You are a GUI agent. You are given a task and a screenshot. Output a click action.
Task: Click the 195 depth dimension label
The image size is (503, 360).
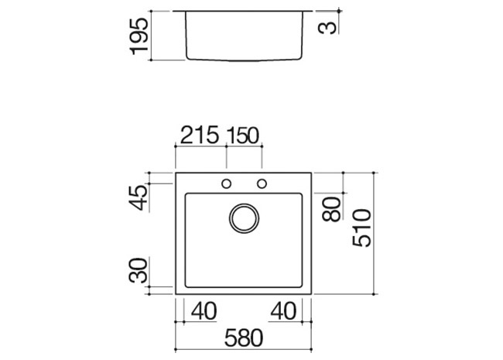click(139, 36)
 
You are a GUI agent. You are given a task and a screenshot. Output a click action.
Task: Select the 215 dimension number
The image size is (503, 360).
click(200, 135)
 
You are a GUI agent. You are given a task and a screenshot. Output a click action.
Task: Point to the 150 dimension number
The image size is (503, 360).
click(242, 135)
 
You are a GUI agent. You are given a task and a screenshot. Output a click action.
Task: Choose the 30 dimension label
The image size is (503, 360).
click(139, 270)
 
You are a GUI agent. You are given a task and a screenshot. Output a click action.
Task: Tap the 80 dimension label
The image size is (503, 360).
click(331, 210)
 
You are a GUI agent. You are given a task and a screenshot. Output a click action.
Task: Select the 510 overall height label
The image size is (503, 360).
click(361, 228)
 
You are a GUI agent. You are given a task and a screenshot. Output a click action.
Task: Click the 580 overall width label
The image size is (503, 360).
click(244, 338)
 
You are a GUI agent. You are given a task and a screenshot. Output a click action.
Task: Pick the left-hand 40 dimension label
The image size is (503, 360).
click(204, 311)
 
